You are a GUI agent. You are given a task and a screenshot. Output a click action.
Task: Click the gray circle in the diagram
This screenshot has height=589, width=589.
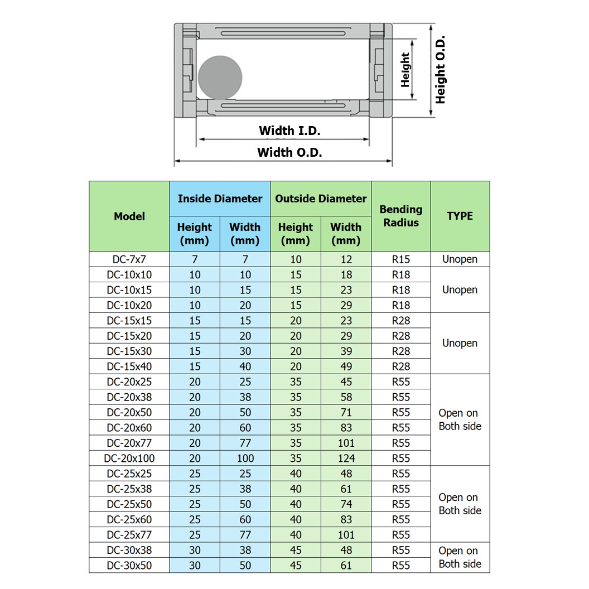(220, 78)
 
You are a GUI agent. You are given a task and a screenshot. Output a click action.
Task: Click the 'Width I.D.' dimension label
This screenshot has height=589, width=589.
(289, 131)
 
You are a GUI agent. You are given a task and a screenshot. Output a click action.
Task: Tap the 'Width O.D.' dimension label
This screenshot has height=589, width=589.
(289, 152)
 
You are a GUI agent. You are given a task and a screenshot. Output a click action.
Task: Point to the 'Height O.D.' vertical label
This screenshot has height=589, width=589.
(441, 70)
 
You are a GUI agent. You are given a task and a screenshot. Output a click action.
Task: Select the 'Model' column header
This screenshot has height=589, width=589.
(129, 216)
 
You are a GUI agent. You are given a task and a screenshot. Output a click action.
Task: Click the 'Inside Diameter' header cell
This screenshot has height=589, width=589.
(220, 199)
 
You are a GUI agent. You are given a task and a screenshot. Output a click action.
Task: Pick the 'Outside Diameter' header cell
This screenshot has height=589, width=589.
(321, 199)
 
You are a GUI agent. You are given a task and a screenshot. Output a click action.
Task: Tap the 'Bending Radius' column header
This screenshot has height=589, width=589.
(400, 216)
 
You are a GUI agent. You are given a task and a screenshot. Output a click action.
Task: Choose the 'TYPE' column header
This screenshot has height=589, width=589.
(460, 216)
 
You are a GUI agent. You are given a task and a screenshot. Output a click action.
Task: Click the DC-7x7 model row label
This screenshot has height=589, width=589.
(129, 259)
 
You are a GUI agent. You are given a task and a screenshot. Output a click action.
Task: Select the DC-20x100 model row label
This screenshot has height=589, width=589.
(129, 458)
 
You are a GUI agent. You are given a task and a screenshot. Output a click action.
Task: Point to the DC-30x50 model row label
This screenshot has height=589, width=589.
(129, 566)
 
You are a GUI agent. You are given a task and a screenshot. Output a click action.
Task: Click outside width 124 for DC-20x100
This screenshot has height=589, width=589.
(346, 458)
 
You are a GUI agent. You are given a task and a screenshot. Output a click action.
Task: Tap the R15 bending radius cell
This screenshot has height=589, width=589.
(400, 259)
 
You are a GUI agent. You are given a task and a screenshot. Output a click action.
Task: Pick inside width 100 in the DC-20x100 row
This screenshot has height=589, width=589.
(245, 458)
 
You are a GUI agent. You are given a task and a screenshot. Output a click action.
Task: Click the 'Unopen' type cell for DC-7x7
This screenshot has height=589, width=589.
(460, 259)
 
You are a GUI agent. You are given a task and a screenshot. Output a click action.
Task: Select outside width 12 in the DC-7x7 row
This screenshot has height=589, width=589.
(346, 259)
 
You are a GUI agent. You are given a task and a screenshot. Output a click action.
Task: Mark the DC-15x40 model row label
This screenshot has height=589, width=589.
(129, 366)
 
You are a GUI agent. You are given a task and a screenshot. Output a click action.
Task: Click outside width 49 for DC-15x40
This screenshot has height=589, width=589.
(346, 366)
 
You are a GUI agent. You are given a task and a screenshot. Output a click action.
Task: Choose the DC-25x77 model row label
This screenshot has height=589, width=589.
(129, 535)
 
